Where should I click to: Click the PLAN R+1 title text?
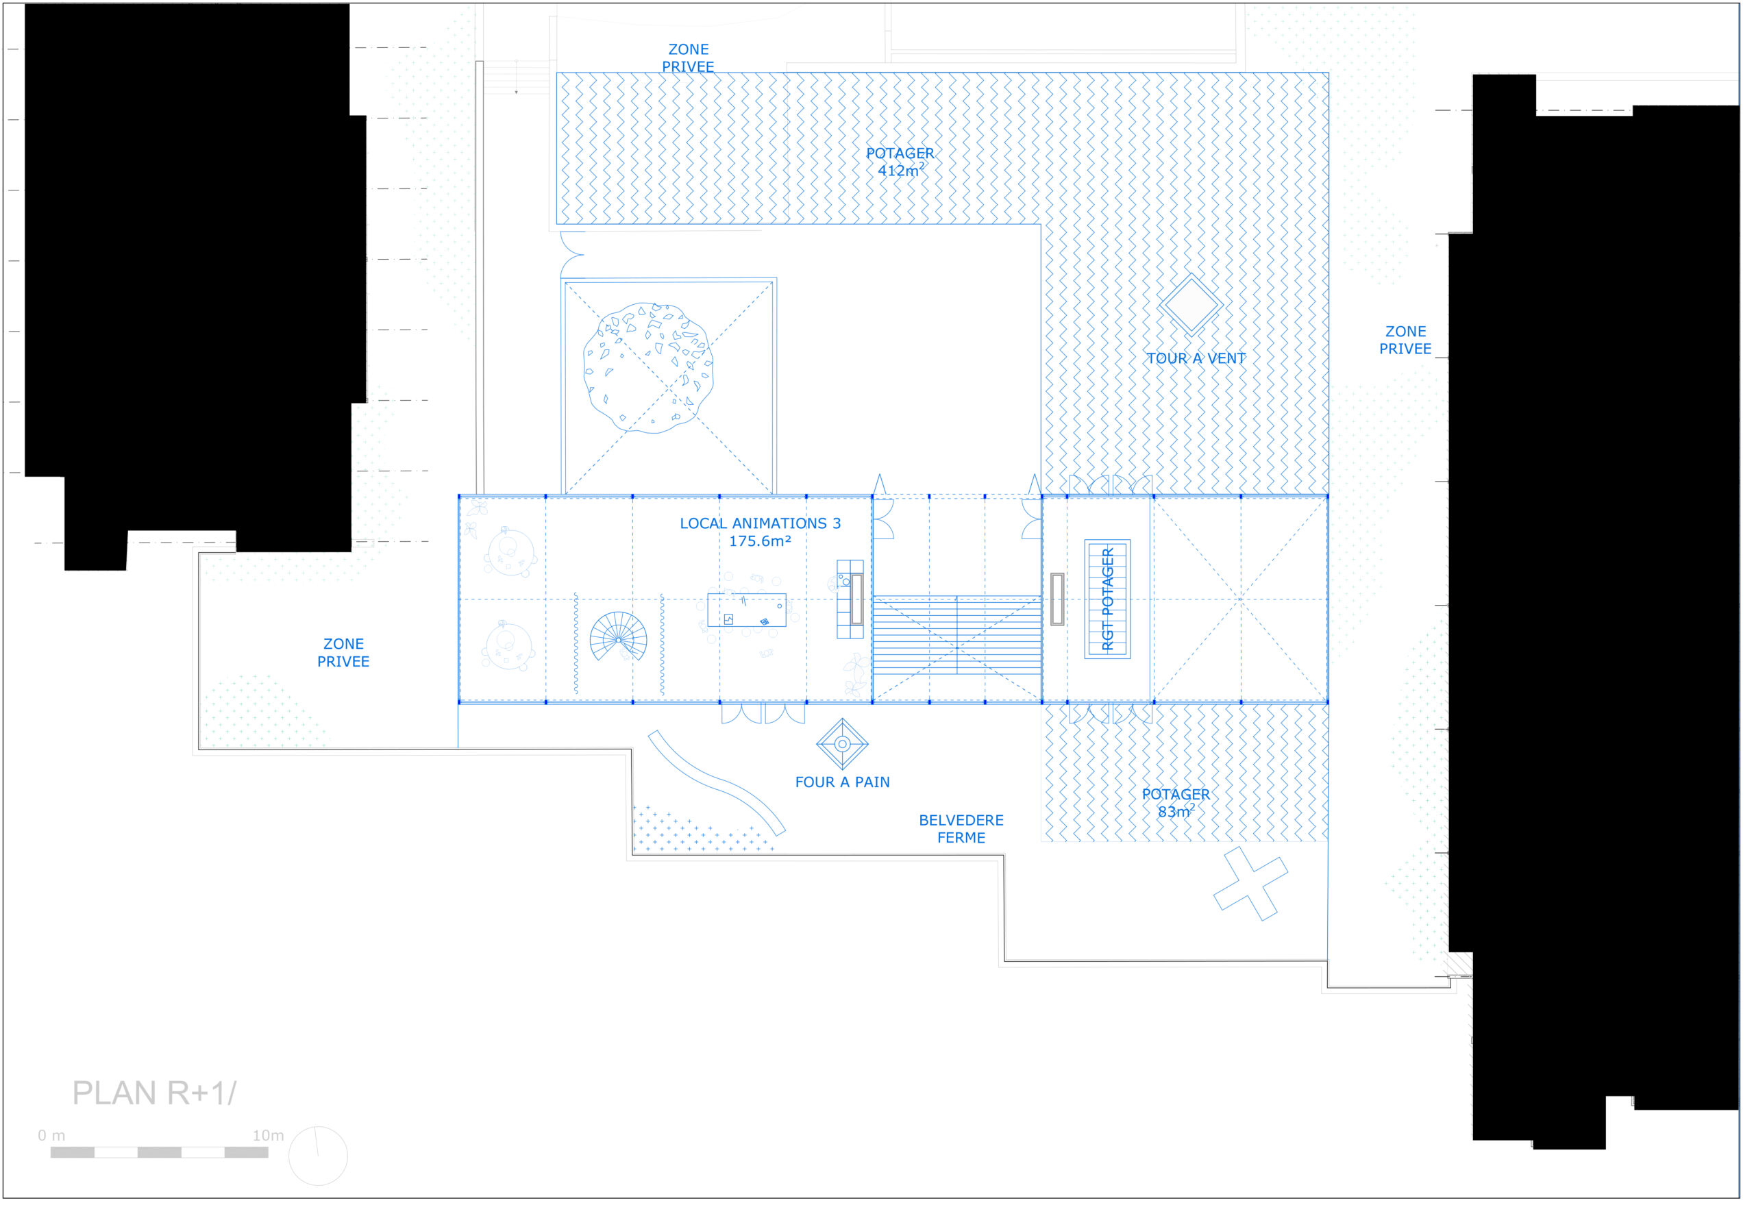coord(155,1093)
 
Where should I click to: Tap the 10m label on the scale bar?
coord(268,1136)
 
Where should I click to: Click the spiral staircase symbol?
coord(618,637)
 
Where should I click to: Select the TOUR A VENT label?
coord(1196,358)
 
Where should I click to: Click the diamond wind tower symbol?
coord(1190,304)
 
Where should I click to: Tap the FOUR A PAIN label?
coord(843,782)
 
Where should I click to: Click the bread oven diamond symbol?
coord(843,744)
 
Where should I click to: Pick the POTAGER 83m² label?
coord(1176,803)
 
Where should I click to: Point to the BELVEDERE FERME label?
coord(961,829)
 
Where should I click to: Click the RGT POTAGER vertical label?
coord(1108,599)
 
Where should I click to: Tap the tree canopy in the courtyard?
coord(649,368)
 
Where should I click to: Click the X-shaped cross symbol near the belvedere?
coord(1250,883)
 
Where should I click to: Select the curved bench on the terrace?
coord(716,782)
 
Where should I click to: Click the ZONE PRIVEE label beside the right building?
coord(1406,340)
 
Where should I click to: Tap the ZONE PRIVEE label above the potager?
coord(689,58)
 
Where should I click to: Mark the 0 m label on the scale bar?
coord(51,1136)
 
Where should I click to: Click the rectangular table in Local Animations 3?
coord(746,610)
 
